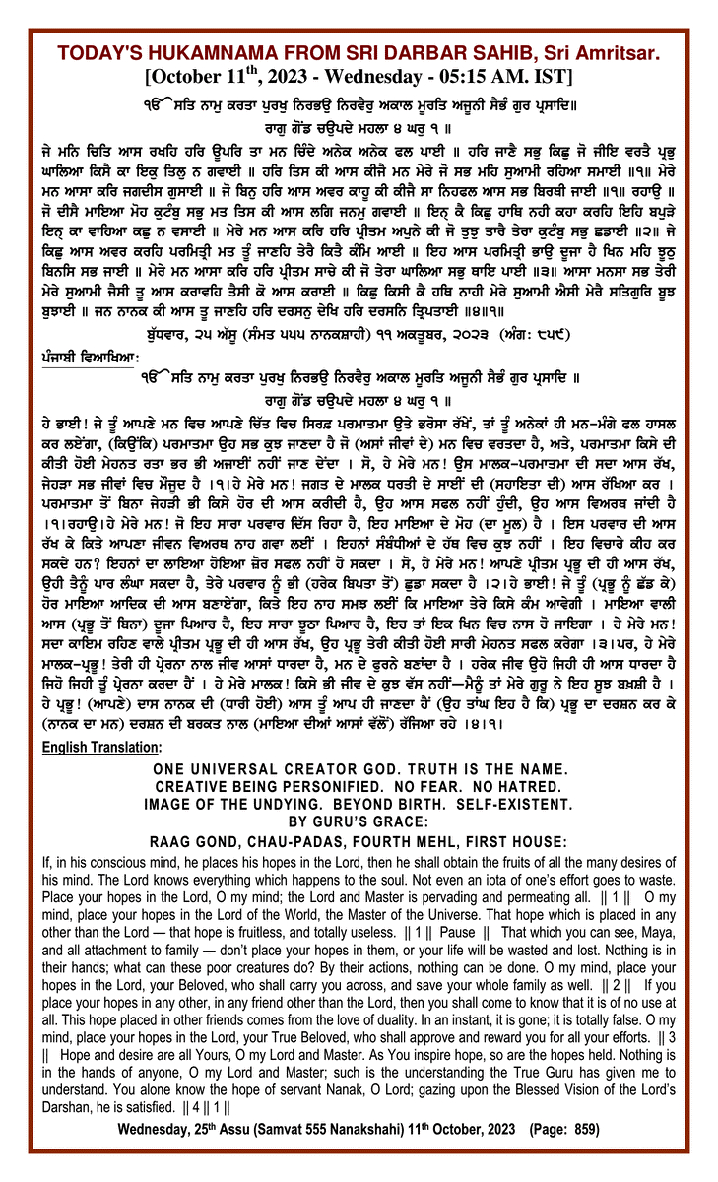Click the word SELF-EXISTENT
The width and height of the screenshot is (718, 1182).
pyautogui.click(x=521, y=806)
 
